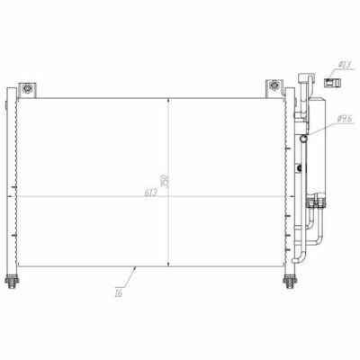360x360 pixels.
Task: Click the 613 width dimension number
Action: click(151, 193)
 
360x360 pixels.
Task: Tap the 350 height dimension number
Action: click(166, 180)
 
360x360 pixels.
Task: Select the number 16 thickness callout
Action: click(119, 292)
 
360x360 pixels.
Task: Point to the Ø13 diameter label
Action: click(345, 64)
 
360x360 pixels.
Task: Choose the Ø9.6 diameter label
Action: click(345, 119)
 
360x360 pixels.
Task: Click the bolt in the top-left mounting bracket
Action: click(27, 88)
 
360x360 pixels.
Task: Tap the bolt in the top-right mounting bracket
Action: click(274, 85)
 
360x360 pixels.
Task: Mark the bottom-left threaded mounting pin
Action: click(12, 282)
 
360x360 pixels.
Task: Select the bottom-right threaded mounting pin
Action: click(290, 282)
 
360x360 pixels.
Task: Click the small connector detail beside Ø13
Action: click(332, 83)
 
